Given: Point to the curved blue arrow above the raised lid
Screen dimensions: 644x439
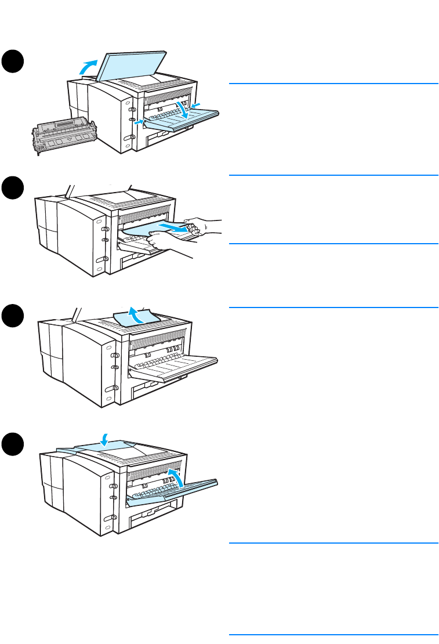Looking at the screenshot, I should click(x=89, y=66).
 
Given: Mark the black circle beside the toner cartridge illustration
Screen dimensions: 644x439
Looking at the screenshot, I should click(x=13, y=61).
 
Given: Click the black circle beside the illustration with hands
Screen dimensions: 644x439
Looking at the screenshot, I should click(x=13, y=190).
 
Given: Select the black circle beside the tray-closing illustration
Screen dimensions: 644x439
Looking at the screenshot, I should click(x=13, y=446).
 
